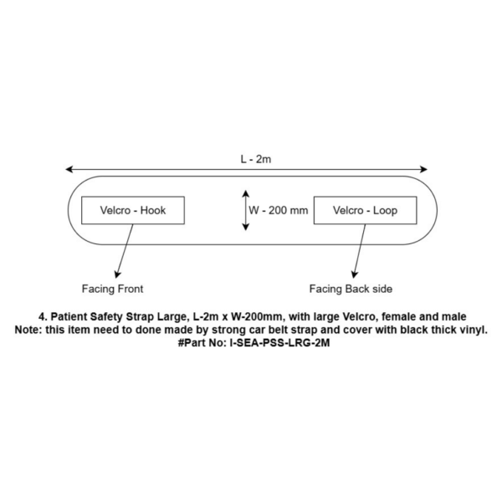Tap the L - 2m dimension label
256,159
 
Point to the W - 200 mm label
279,210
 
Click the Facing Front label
112,289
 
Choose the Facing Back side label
351,289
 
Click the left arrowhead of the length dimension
69,169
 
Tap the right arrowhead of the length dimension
423,169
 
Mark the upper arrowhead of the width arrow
245,194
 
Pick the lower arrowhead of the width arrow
245,227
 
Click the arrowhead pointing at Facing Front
117,274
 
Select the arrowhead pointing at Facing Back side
354,274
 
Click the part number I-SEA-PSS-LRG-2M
279,343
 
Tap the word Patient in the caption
69,316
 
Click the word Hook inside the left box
153,210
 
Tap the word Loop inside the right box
385,211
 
